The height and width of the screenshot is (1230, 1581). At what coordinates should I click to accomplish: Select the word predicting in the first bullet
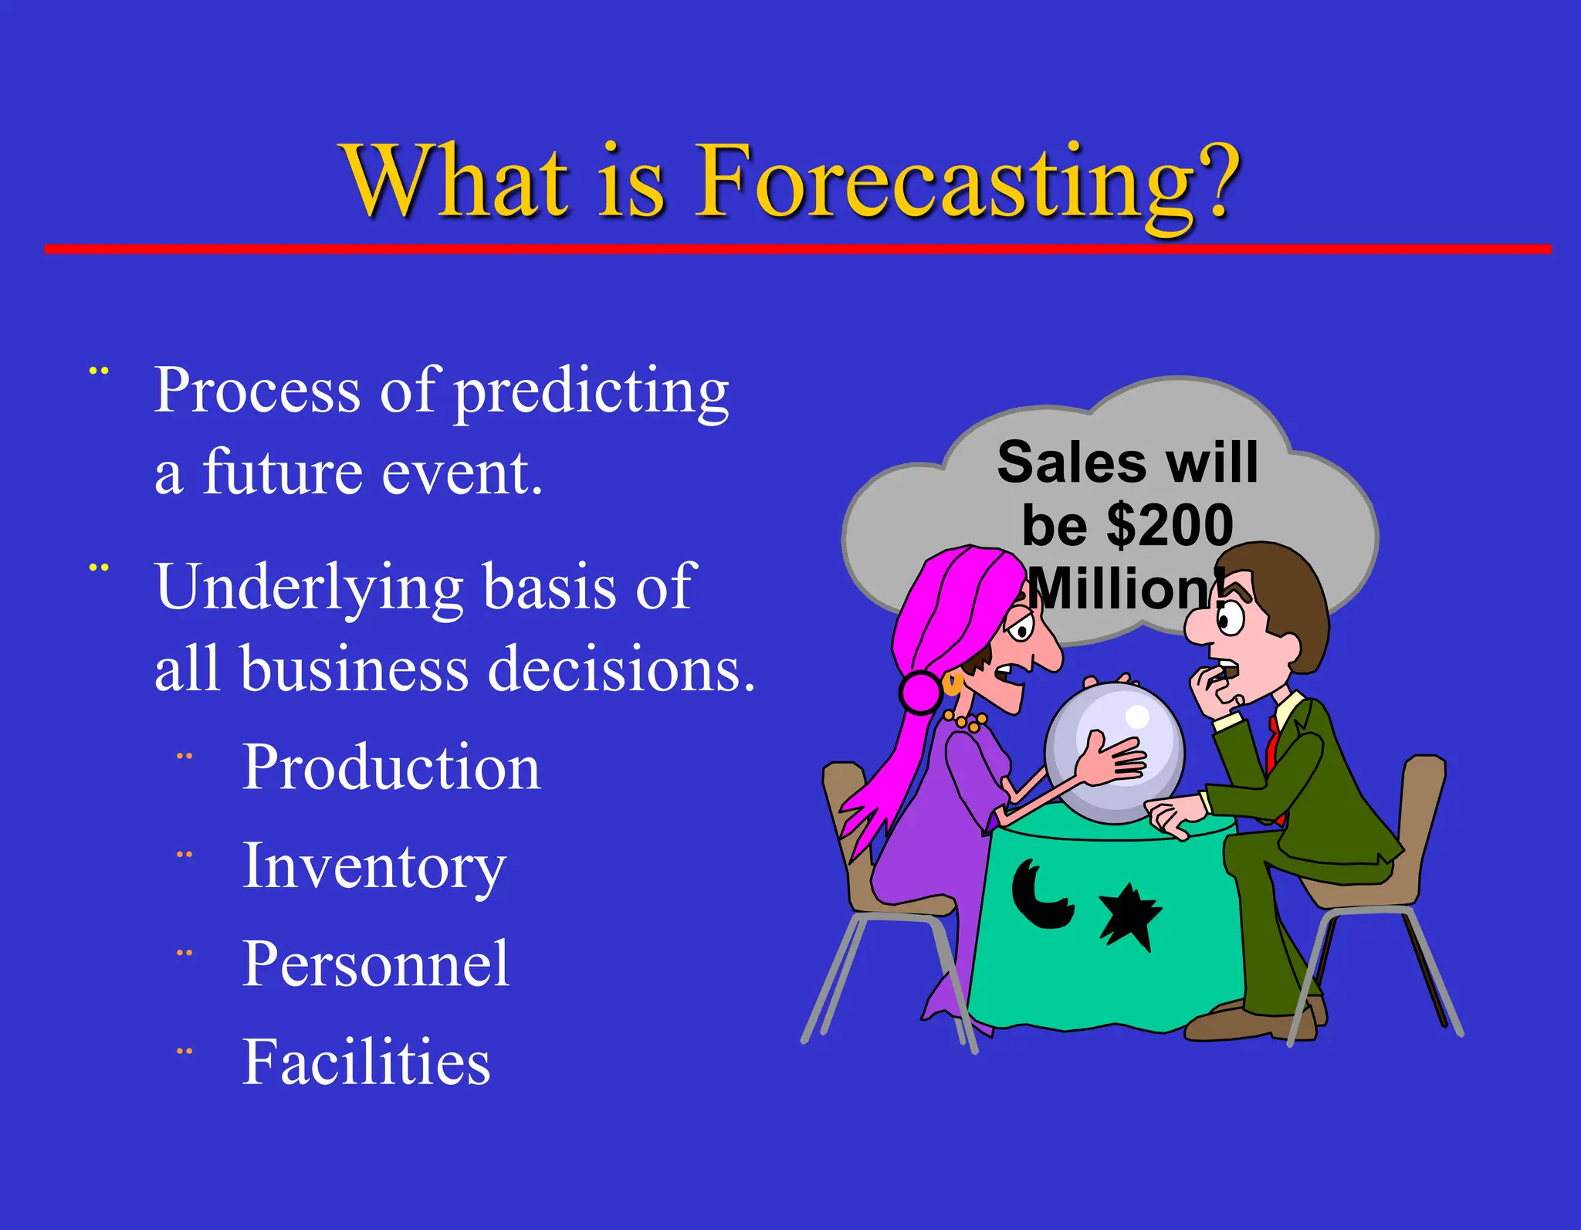[591, 392]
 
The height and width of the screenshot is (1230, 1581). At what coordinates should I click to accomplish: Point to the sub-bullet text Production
[391, 767]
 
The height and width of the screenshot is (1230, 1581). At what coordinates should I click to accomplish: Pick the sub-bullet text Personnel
[376, 964]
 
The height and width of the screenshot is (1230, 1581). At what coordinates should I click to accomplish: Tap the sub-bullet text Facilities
[366, 1063]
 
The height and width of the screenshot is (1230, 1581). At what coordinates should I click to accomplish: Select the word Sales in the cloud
[1071, 463]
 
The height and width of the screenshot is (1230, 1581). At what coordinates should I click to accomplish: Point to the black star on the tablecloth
[1129, 916]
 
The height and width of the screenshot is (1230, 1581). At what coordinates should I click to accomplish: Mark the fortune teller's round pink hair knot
[921, 692]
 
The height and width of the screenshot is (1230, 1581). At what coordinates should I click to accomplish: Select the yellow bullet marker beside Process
[99, 371]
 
